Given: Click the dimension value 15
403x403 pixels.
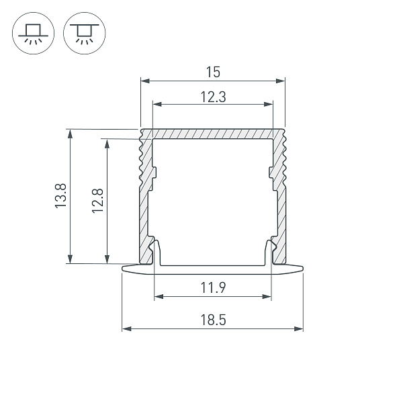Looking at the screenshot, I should (213, 71).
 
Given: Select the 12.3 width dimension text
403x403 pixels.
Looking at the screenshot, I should (213, 96).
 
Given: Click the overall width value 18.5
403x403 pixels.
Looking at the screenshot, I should (213, 321).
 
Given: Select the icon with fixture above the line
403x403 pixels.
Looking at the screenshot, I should (31, 33).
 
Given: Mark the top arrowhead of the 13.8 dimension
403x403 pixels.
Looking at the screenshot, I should (69, 134).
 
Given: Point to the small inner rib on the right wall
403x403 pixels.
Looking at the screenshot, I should (271, 176).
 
